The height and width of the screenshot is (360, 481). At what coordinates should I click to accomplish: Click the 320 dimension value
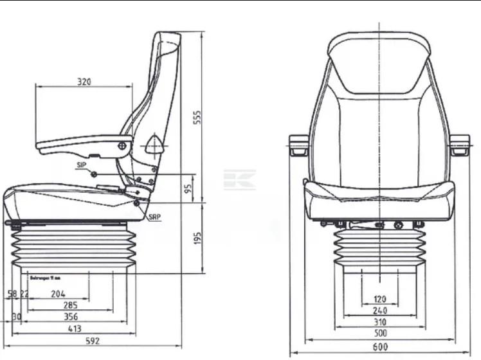point(84,82)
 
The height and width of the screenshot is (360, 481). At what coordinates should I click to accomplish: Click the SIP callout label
point(80,165)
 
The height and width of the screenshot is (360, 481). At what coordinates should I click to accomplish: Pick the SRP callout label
point(154,217)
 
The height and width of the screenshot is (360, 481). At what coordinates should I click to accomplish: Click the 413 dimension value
point(75,328)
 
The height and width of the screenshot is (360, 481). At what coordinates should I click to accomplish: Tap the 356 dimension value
point(71,317)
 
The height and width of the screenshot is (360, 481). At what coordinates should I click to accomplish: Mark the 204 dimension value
point(58,294)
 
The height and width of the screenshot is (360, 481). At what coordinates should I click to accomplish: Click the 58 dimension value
point(12,294)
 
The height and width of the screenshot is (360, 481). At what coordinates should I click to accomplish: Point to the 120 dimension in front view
point(380,299)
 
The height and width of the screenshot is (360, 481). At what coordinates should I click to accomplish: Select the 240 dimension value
point(380,310)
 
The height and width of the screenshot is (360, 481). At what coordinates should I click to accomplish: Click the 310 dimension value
point(380,321)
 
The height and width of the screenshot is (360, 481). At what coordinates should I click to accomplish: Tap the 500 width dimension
point(380,333)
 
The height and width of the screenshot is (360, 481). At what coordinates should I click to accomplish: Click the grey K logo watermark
point(239,179)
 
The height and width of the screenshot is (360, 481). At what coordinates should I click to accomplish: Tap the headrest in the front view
point(379,61)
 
